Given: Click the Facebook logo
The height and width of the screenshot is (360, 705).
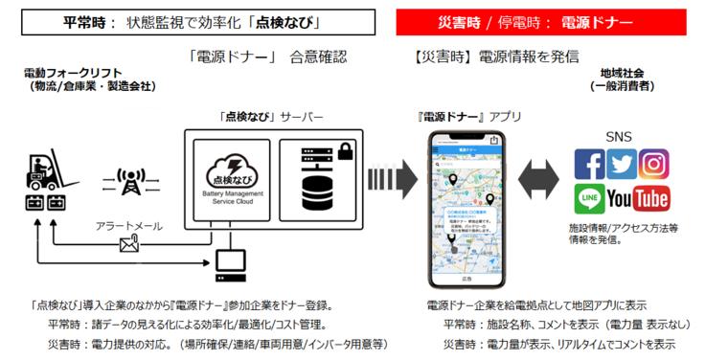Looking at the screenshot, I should coord(590,165).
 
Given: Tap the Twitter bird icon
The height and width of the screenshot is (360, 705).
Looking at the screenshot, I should coord(622,165).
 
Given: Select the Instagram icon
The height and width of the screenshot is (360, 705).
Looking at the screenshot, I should coord(654,165).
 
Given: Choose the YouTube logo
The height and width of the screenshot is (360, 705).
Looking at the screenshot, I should coord(638,198).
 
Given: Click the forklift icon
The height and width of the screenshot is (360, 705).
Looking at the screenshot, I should coord(40,172).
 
